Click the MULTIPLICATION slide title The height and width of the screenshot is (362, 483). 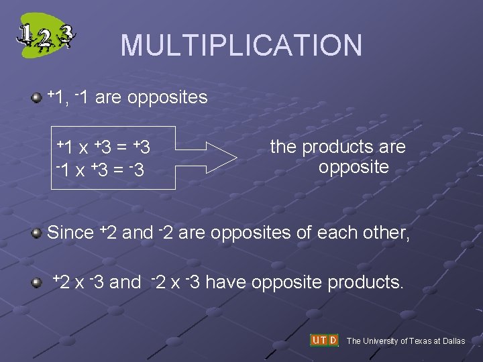point(241,46)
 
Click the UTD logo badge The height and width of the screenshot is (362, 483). point(325,341)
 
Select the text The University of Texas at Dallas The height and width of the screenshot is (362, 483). point(405,341)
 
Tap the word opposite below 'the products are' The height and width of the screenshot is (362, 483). point(354,167)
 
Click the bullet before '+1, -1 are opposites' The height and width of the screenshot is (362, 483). point(38,99)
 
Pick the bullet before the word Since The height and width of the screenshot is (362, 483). point(38,233)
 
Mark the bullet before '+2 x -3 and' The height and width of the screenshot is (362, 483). point(38,282)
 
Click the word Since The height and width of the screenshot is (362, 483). point(70,233)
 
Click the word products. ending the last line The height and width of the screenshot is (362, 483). point(366,282)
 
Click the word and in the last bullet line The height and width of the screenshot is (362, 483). point(125,282)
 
